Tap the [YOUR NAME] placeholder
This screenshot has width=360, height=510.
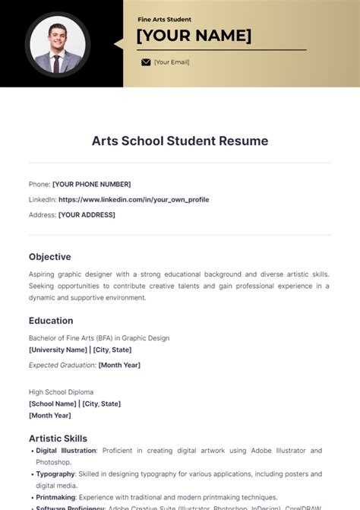click(x=194, y=36)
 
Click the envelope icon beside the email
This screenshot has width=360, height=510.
click(x=146, y=62)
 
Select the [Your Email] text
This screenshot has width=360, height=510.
click(x=172, y=62)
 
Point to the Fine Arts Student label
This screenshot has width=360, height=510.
click(x=164, y=19)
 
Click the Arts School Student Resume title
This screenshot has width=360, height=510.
click(x=180, y=141)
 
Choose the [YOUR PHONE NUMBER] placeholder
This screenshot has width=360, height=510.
click(x=91, y=184)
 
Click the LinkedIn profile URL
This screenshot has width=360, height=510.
click(x=134, y=199)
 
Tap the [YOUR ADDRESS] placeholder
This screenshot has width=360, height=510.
click(x=87, y=215)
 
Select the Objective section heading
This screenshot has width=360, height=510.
click(x=50, y=257)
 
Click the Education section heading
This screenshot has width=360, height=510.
click(x=51, y=321)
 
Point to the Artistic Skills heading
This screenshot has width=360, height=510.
click(x=58, y=439)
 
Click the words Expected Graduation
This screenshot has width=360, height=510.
click(x=62, y=365)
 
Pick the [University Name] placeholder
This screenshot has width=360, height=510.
click(x=58, y=350)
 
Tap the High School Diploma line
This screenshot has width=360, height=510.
click(x=64, y=392)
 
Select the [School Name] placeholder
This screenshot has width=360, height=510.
click(x=52, y=404)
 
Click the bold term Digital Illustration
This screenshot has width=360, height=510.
click(x=67, y=451)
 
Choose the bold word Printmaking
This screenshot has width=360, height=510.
click(x=55, y=497)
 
